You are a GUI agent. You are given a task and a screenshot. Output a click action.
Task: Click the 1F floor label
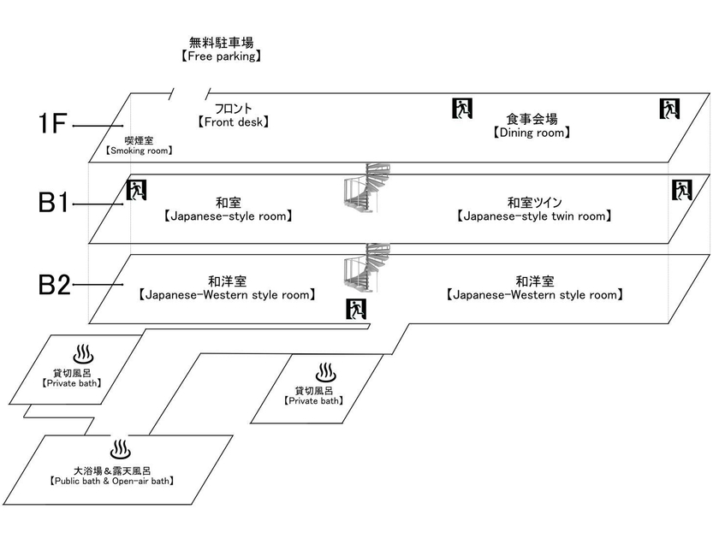click(53, 124)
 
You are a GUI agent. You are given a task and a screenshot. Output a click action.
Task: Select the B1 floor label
click(53, 202)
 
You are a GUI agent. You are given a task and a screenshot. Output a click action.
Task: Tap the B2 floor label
click(54, 285)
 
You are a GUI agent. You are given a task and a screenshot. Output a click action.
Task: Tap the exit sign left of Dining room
click(461, 108)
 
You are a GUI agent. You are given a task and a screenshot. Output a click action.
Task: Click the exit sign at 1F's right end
click(669, 109)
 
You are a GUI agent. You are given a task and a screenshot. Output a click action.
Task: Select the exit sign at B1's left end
click(136, 190)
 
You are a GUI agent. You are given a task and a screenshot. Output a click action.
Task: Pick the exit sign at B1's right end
click(682, 190)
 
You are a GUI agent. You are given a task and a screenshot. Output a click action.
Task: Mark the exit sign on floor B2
click(356, 309)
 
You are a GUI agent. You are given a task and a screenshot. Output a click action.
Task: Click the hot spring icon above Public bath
click(121, 450)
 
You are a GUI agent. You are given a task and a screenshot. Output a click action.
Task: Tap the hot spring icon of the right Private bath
click(325, 372)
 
